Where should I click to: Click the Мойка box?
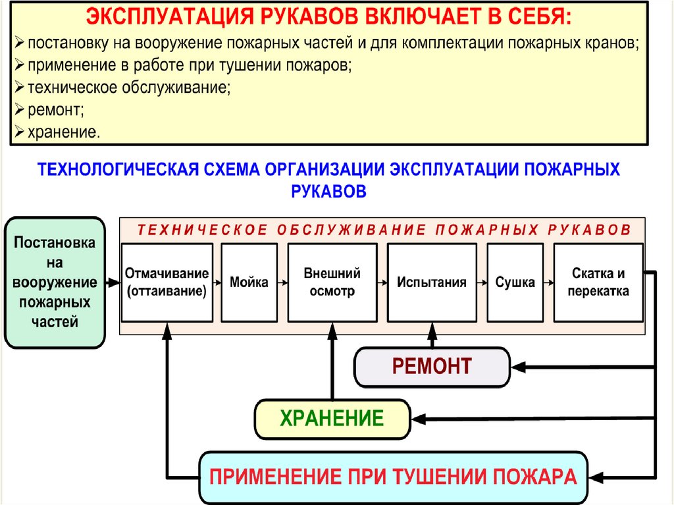tap(249, 282)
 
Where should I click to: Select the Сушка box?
tap(515, 282)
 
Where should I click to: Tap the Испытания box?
tap(432, 282)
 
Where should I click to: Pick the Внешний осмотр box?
tap(332, 282)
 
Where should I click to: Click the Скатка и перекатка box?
tap(598, 282)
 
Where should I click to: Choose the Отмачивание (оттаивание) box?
tap(167, 282)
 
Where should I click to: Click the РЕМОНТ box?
tap(432, 367)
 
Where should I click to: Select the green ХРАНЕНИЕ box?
tap(332, 419)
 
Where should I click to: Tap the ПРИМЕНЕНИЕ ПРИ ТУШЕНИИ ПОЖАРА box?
tap(393, 477)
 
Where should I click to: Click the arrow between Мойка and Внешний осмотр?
tap(282, 282)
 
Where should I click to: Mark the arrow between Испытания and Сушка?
tap(482, 282)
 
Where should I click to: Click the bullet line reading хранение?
tap(63, 132)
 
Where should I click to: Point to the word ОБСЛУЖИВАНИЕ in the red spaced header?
tap(350, 229)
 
